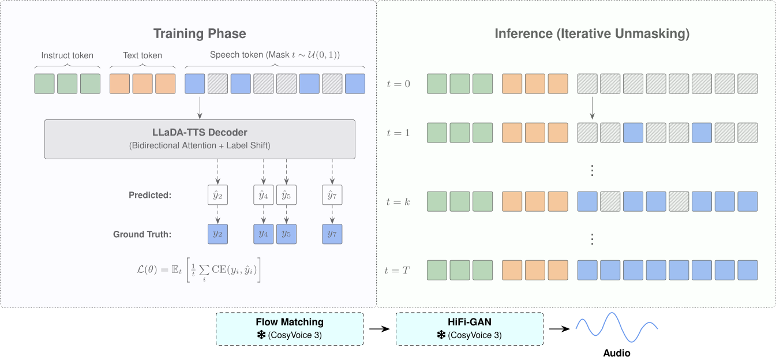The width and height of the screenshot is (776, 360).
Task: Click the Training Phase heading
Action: click(x=200, y=33)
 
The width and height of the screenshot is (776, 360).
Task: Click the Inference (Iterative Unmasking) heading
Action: click(x=592, y=33)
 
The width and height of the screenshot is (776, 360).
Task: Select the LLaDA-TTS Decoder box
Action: click(x=200, y=139)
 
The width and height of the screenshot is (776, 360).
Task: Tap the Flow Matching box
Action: click(x=290, y=329)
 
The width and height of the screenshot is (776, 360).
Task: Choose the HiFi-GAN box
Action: click(x=470, y=329)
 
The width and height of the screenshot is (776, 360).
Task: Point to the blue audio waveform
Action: click(x=617, y=328)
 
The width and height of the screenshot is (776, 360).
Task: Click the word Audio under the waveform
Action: click(x=617, y=353)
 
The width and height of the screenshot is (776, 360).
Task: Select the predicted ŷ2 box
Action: click(x=218, y=195)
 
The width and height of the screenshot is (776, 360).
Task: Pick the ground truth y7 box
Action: click(x=332, y=234)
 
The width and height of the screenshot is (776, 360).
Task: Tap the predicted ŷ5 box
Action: click(x=286, y=195)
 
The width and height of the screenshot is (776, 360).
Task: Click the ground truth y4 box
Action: click(x=263, y=234)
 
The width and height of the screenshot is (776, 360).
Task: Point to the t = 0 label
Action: click(x=399, y=84)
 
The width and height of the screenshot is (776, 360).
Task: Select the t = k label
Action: click(x=398, y=202)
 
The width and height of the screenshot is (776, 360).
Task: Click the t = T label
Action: click(x=398, y=270)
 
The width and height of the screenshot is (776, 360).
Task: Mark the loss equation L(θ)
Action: click(x=198, y=270)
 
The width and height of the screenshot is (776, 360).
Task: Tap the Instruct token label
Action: click(x=67, y=55)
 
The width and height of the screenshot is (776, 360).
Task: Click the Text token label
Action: click(x=143, y=55)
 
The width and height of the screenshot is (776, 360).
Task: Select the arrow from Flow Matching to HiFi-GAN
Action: click(x=379, y=329)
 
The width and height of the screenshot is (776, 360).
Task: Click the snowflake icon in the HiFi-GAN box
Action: click(x=441, y=335)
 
